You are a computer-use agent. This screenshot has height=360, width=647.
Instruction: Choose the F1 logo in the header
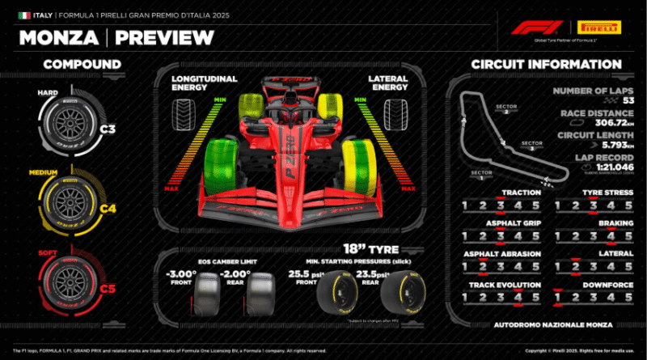(532, 27)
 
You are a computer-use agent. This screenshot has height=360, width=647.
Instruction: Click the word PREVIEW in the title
(164, 37)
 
